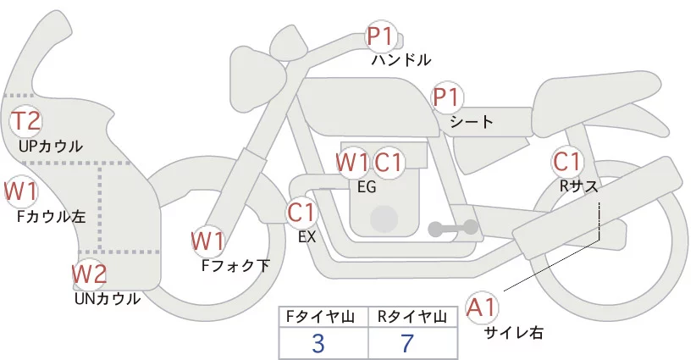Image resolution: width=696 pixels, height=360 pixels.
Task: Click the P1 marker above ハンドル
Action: (x=381, y=36)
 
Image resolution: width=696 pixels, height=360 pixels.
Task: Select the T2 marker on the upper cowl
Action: (x=25, y=121)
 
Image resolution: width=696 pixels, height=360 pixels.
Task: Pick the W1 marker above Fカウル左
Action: (x=20, y=191)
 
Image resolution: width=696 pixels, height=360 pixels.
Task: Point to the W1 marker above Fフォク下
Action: (x=207, y=241)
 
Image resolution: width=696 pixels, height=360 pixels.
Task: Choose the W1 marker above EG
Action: (x=352, y=162)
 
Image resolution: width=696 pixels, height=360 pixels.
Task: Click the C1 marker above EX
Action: (x=301, y=211)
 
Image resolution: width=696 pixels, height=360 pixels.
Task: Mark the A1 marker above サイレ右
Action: (x=483, y=306)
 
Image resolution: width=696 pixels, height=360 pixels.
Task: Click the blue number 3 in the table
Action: (x=318, y=343)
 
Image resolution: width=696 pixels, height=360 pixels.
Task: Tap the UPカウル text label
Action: (x=50, y=146)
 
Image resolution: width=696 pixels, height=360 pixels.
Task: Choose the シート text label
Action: (x=472, y=122)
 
